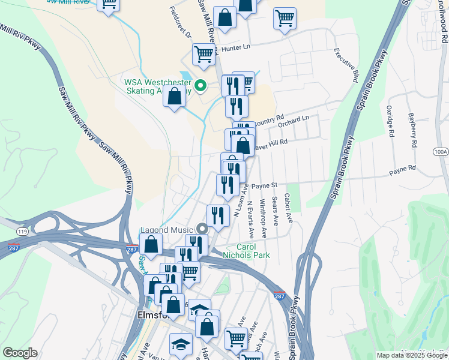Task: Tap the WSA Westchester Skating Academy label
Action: (x=157, y=87)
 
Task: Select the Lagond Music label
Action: (x=166, y=229)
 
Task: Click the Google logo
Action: (x=20, y=353)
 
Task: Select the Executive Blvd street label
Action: (x=346, y=65)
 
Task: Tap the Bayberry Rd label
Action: (x=412, y=130)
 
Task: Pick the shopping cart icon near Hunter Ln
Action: (x=203, y=54)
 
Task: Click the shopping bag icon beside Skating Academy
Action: (x=174, y=96)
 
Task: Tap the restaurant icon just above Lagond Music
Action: (x=217, y=215)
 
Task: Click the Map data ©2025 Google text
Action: (x=411, y=355)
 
